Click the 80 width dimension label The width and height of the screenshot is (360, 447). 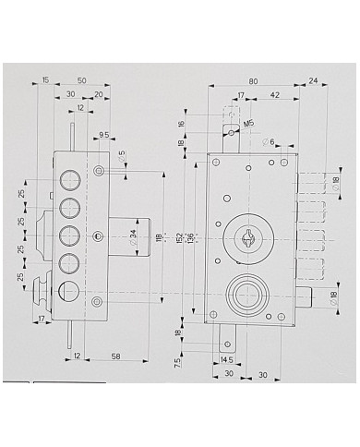tap(253, 79)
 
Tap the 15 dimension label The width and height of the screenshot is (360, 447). tap(46, 81)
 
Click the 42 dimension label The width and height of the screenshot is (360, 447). tap(275, 95)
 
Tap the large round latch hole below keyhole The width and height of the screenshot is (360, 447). tap(247, 295)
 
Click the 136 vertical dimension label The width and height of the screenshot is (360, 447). tap(191, 237)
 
